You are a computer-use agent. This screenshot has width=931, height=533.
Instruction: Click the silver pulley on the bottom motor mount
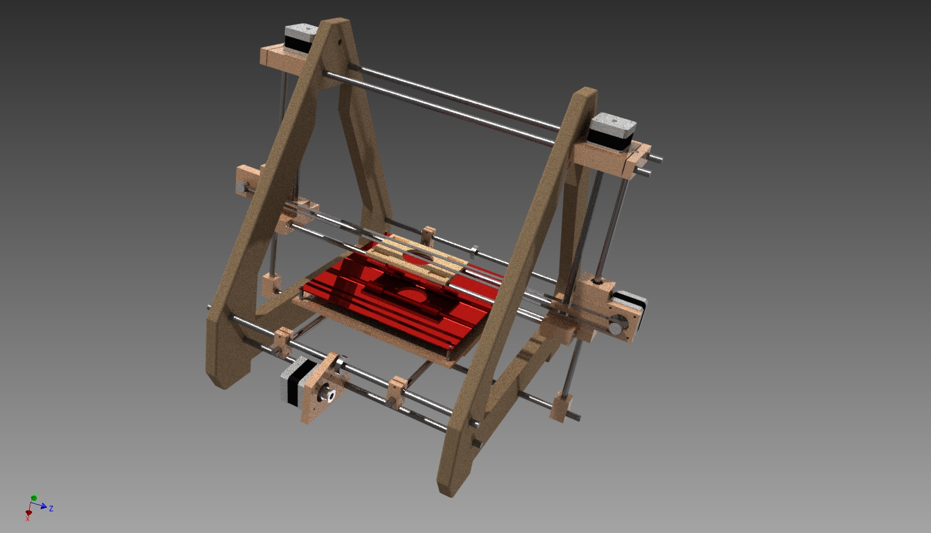(329, 396)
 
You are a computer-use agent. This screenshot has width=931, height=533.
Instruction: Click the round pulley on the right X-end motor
(614, 330)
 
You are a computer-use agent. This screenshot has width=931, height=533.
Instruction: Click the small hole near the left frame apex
(338, 43)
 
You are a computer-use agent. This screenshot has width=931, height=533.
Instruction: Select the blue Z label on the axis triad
(51, 509)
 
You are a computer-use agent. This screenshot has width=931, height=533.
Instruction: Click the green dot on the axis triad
(34, 498)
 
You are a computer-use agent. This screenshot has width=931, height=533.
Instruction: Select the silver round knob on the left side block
(241, 188)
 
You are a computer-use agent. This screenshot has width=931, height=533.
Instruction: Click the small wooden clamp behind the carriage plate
(429, 234)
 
